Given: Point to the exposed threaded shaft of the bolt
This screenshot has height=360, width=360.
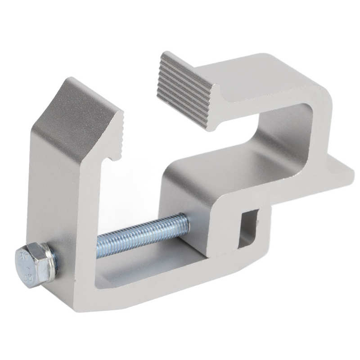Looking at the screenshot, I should click(x=139, y=235).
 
